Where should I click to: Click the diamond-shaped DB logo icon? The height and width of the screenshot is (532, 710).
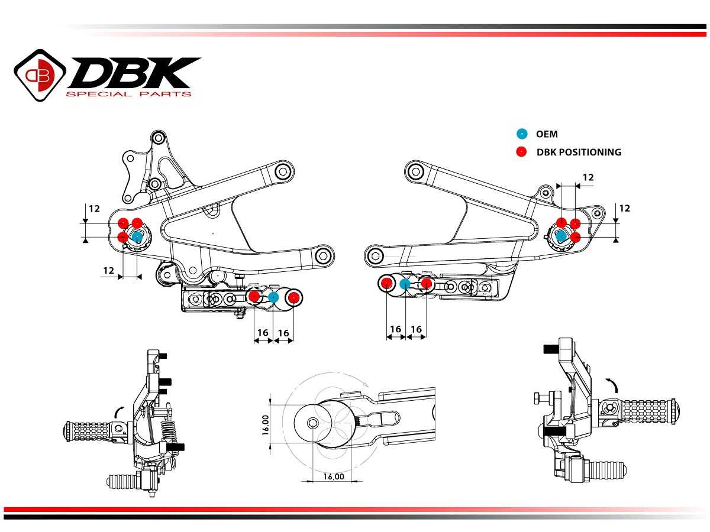[x=40, y=74]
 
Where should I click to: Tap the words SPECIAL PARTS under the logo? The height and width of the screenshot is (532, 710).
[x=128, y=94]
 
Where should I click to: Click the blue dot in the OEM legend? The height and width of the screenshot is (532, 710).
[x=521, y=134]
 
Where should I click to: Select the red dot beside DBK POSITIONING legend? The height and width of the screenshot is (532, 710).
[x=521, y=152]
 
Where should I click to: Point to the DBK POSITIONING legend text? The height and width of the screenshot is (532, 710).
[x=579, y=152]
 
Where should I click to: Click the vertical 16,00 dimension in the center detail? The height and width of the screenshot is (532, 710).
[x=266, y=424]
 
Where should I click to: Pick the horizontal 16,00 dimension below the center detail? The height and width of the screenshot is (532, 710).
[x=333, y=476]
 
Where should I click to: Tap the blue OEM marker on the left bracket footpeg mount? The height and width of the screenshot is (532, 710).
[x=137, y=237]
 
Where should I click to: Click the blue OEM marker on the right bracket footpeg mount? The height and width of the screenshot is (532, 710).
[x=561, y=236]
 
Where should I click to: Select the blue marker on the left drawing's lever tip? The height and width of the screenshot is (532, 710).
[x=273, y=297]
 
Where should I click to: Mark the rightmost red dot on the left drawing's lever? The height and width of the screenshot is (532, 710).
[x=293, y=297]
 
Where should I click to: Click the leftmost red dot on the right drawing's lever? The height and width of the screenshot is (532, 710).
[x=386, y=284]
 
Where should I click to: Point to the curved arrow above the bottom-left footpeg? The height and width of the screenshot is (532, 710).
[x=118, y=410]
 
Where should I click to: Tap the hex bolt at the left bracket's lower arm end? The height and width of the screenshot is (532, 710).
[x=323, y=256]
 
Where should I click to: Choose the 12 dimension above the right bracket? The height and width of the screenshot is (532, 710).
[x=588, y=177]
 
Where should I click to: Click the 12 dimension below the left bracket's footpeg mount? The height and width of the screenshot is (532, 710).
[x=108, y=270]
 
